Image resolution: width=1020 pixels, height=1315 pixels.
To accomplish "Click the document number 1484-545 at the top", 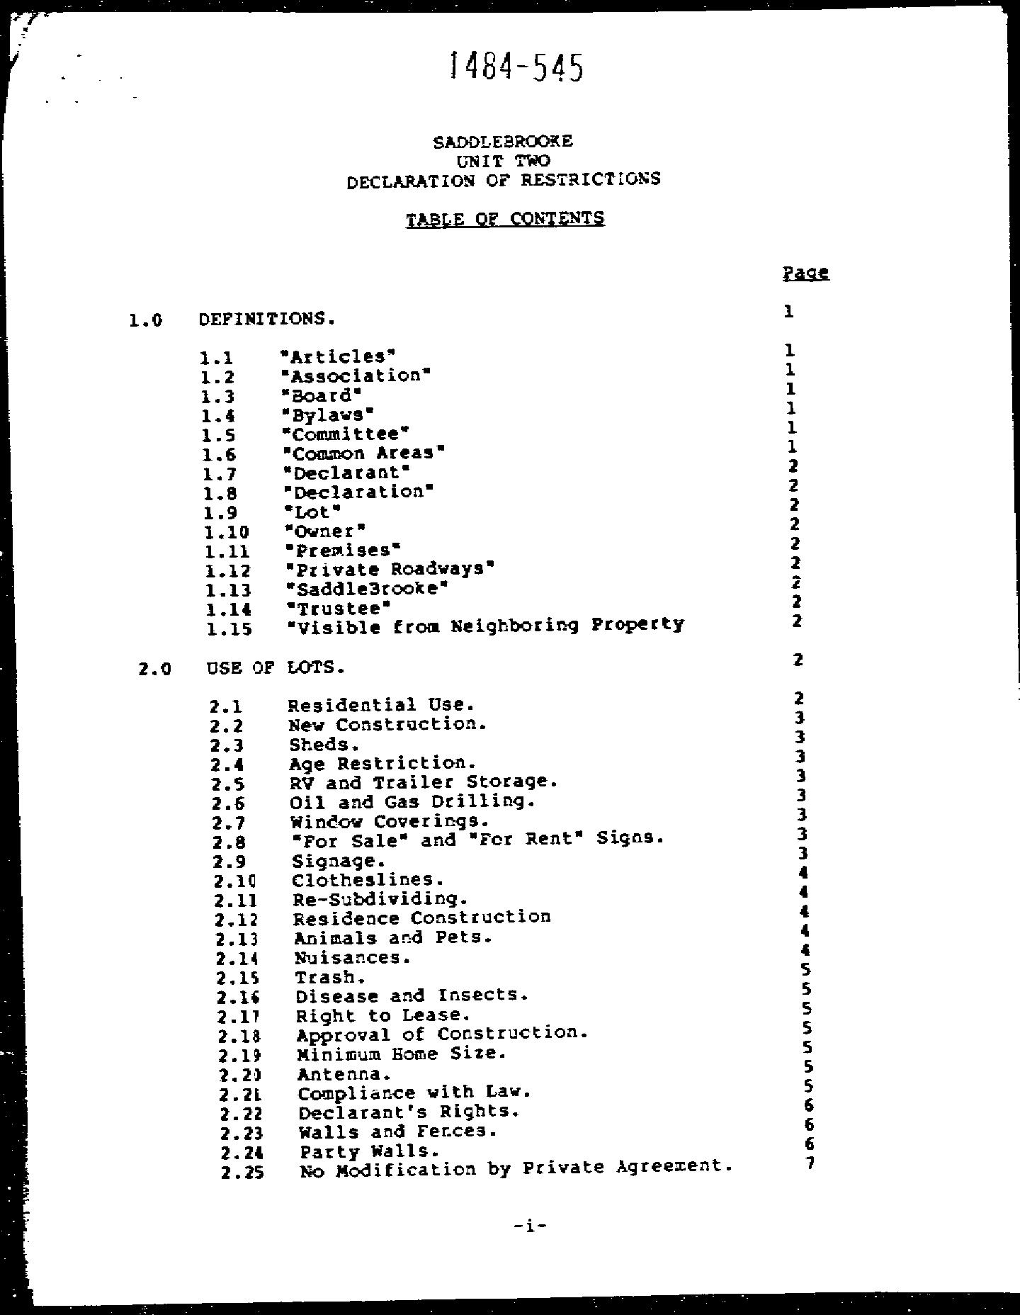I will pos(516,68).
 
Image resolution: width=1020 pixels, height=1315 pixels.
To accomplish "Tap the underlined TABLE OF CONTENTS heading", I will pos(505,218).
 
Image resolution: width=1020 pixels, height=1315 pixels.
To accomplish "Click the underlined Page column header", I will pos(806,273).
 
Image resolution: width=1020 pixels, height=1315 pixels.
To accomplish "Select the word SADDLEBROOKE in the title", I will pos(503,141).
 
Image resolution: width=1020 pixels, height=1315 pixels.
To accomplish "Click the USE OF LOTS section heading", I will pos(276,667).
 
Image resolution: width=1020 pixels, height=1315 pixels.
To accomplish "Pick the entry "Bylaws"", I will pos(327,414).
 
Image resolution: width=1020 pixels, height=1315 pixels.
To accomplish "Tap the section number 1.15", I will pos(228,628).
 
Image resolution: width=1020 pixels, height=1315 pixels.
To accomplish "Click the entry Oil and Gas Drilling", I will pos(411,802).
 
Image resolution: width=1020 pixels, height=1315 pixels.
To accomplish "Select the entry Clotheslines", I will pos(368,880).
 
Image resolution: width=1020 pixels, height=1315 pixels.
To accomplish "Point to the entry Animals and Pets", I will pos(393,937).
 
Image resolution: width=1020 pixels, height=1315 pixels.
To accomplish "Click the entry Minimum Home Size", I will pos(402,1054).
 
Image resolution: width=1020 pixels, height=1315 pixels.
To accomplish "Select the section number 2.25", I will pos(242,1173).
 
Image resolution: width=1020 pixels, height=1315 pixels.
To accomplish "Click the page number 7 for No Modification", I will pos(810,1163).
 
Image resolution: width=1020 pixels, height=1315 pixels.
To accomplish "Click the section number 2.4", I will pos(227,765).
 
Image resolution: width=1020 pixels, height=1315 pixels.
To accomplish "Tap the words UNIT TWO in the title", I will pos(503,161).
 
